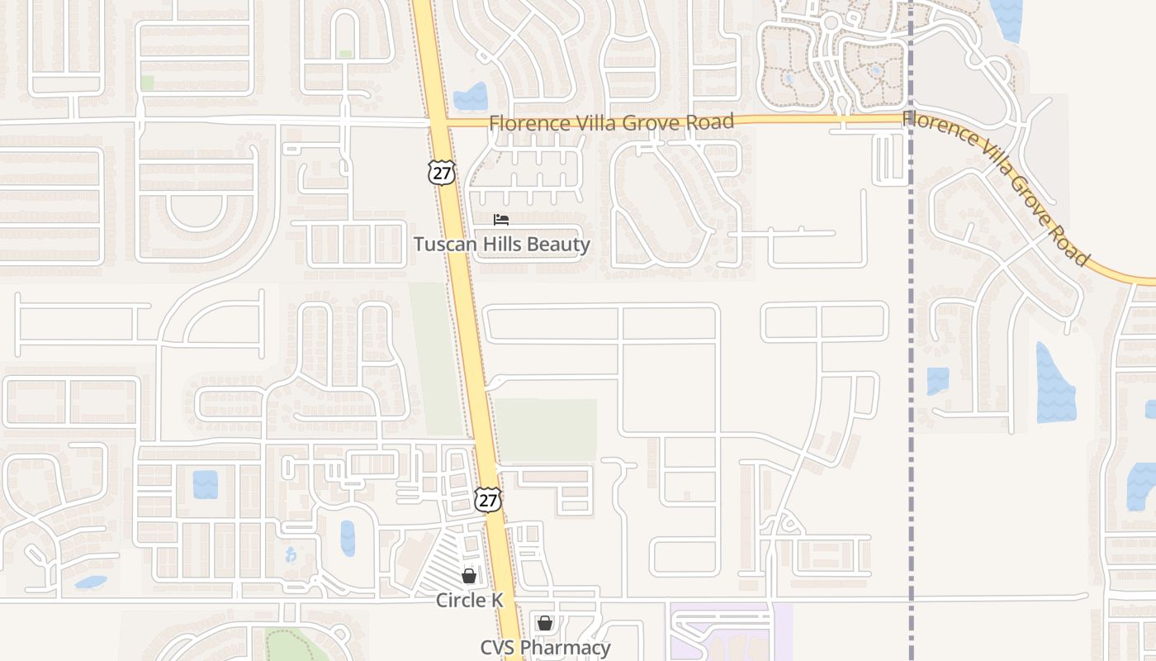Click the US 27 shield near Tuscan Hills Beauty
tap(442, 171)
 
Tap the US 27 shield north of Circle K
tap(488, 499)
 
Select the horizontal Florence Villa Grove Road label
tap(611, 123)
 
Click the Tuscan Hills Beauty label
tap(502, 245)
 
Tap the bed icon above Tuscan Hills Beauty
tap(501, 220)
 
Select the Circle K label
tap(469, 601)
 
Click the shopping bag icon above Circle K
tap(469, 576)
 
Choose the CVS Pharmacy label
tap(546, 648)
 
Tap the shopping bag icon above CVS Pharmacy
tap(545, 623)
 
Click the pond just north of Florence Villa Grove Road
tap(471, 97)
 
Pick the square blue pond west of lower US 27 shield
tap(206, 484)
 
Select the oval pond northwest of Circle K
tap(348, 538)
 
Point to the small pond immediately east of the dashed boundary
tap(937, 381)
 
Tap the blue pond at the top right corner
tap(1007, 19)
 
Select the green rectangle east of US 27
tap(547, 430)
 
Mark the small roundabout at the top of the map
tap(830, 22)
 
